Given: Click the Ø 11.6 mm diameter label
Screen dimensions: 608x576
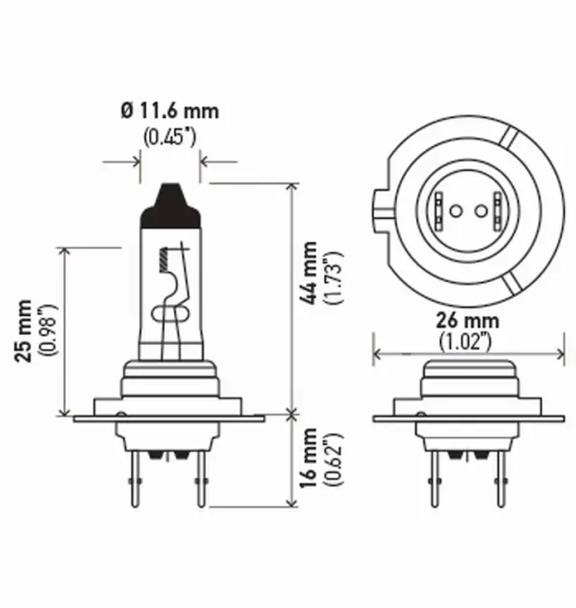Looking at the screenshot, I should [x=168, y=113].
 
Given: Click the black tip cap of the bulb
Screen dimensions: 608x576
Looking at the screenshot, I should [x=169, y=201].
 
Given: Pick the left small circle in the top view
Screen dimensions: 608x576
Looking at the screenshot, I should [x=455, y=213].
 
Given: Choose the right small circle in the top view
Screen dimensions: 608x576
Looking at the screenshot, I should [x=481, y=213].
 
